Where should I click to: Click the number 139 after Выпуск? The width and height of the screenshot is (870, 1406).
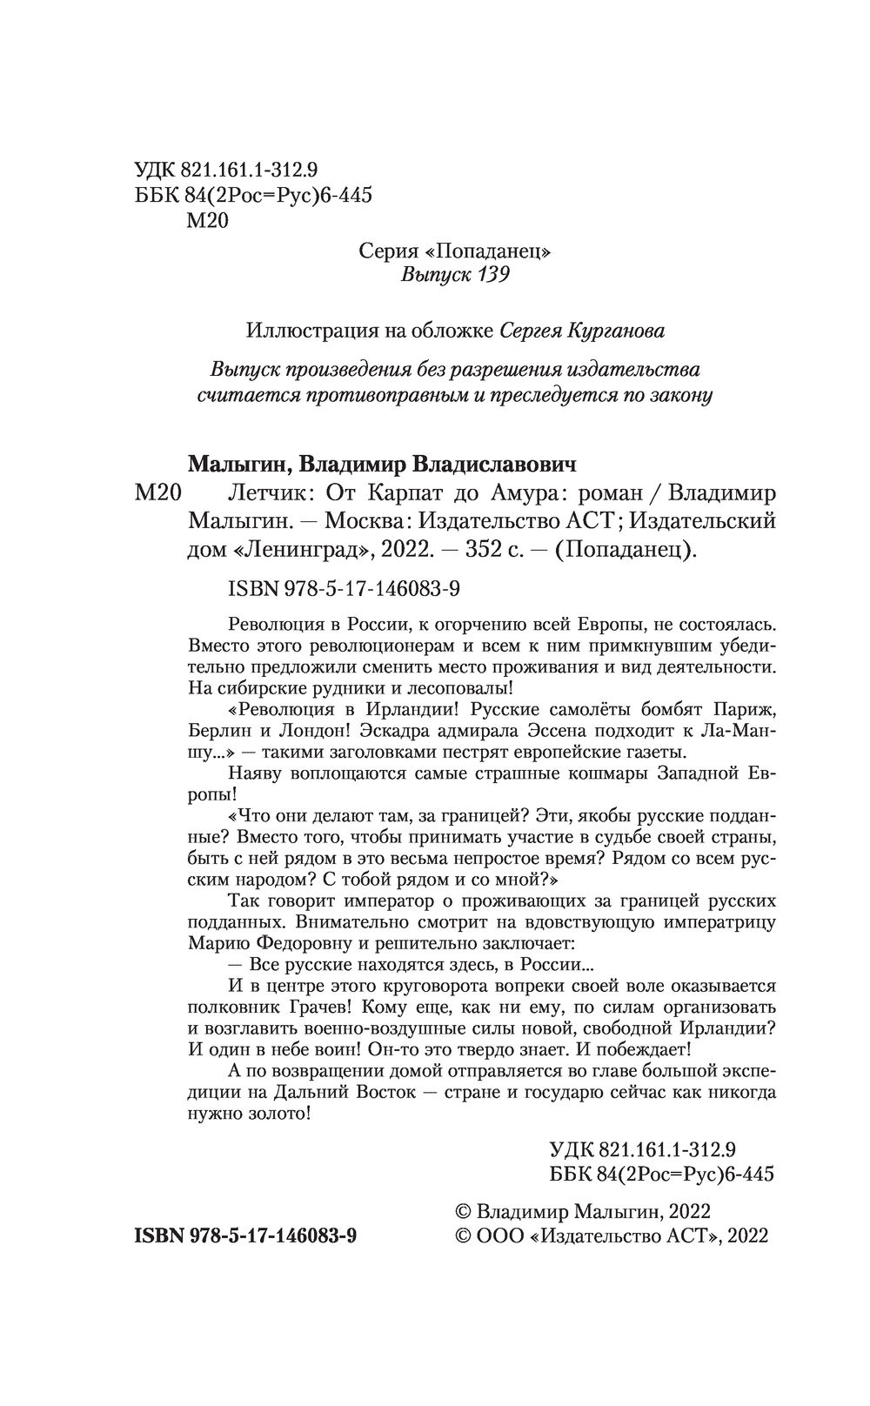coord(491,276)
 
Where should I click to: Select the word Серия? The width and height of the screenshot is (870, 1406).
coord(384,251)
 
